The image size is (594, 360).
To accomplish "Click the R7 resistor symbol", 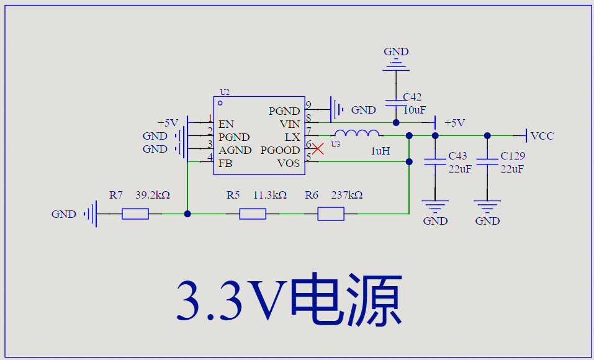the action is pyautogui.click(x=135, y=214).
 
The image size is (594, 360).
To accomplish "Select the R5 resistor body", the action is pyautogui.click(x=253, y=214).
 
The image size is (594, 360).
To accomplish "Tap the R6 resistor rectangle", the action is pyautogui.click(x=331, y=214).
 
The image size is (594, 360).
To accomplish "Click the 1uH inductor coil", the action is pyautogui.click(x=357, y=133).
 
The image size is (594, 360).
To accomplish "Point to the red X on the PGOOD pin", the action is pyautogui.click(x=318, y=149).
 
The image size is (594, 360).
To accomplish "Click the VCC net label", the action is pyautogui.click(x=542, y=136).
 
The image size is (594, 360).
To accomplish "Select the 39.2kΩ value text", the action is pyautogui.click(x=153, y=195).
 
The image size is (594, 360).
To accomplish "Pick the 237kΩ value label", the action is pyautogui.click(x=347, y=195).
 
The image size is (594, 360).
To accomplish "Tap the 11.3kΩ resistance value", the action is pyautogui.click(x=270, y=195).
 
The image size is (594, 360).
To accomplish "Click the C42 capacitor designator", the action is pyautogui.click(x=412, y=97).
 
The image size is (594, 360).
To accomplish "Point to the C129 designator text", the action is pyautogui.click(x=513, y=156).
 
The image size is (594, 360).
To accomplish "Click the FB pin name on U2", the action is pyautogui.click(x=225, y=163).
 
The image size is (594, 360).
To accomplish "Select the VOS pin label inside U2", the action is pyautogui.click(x=289, y=163).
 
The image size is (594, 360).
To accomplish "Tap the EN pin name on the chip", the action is pyautogui.click(x=226, y=124).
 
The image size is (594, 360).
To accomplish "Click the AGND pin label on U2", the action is pyautogui.click(x=235, y=150).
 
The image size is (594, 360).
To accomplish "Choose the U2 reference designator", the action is pyautogui.click(x=225, y=92).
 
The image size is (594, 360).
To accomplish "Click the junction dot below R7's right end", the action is pyautogui.click(x=187, y=214).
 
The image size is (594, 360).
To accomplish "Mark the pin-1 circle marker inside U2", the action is pyautogui.click(x=220, y=103).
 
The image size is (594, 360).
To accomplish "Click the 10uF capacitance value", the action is pyautogui.click(x=415, y=110).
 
